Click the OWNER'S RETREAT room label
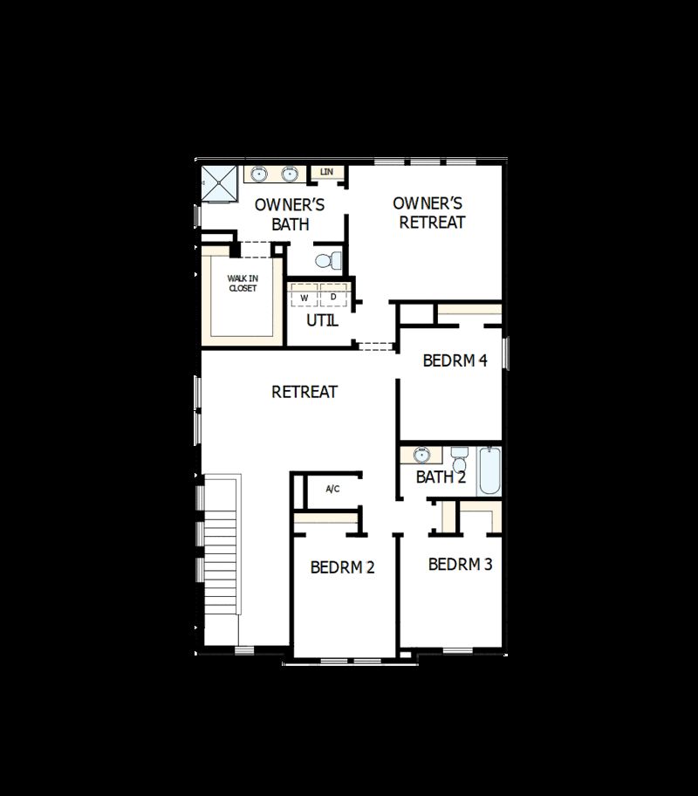[x=428, y=212]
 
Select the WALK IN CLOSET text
[x=243, y=284]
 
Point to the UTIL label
[x=322, y=320]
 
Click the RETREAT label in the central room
[x=305, y=392]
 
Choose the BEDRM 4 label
[x=455, y=360]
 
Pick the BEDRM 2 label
[x=342, y=567]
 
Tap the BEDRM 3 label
[x=460, y=564]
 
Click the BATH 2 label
[x=441, y=477]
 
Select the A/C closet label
[x=332, y=489]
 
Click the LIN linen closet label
[x=327, y=172]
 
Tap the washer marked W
[x=305, y=298]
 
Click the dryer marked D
[x=333, y=297]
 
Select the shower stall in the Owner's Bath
[x=219, y=182]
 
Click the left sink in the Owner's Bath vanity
[x=259, y=175]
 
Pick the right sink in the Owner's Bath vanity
[x=290, y=175]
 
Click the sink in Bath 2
[x=422, y=455]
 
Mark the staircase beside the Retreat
[x=220, y=546]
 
